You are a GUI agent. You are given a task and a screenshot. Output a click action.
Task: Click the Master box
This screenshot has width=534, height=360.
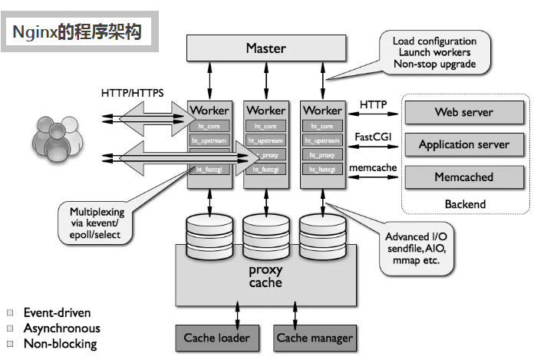(x=265, y=48)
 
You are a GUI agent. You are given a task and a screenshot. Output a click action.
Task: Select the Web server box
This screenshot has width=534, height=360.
(x=463, y=112)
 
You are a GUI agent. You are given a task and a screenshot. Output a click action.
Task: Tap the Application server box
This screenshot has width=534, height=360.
(x=463, y=144)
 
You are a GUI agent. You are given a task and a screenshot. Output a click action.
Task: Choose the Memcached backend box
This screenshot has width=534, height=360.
(x=463, y=177)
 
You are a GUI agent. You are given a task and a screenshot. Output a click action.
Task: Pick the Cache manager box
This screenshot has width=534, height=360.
(x=315, y=337)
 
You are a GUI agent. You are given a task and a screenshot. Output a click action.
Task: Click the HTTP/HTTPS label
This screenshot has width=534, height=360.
(x=132, y=93)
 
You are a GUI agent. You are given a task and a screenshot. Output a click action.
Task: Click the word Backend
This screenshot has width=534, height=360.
(x=465, y=204)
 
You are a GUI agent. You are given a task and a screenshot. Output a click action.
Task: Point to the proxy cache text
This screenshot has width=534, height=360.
(x=265, y=276)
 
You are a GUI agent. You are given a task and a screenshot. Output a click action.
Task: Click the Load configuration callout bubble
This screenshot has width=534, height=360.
(x=434, y=52)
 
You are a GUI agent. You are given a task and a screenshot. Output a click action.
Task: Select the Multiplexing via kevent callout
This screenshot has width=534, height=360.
(x=95, y=223)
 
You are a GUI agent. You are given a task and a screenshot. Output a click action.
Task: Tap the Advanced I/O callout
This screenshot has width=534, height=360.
(x=415, y=248)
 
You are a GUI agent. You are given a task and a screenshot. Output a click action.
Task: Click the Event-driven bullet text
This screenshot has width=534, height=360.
(x=57, y=313)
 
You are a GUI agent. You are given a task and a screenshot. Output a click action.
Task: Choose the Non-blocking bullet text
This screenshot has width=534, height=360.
(x=60, y=344)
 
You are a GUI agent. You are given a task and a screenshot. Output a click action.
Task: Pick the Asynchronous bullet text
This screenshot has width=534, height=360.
(x=61, y=329)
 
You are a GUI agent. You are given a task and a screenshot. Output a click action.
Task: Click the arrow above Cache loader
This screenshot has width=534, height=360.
(x=238, y=311)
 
